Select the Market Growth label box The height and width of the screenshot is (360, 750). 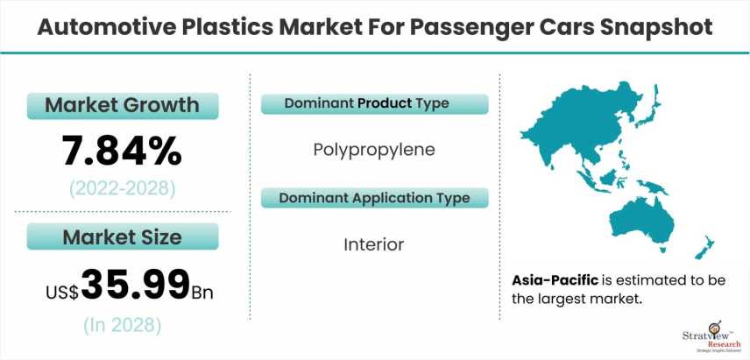(x=123, y=106)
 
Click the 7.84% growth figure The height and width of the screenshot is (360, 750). (x=122, y=150)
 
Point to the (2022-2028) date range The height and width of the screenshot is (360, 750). (x=123, y=189)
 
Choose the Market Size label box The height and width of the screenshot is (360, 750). (x=123, y=236)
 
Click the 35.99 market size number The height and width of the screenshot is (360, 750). (x=135, y=285)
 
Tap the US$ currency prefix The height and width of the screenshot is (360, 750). (x=62, y=292)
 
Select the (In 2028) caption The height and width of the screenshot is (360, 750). (x=123, y=326)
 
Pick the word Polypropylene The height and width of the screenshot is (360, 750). (x=374, y=150)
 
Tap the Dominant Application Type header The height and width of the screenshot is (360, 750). (x=374, y=198)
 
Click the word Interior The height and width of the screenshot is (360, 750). (x=374, y=244)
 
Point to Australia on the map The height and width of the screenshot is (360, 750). (x=642, y=222)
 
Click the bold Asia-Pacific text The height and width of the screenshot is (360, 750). (x=555, y=280)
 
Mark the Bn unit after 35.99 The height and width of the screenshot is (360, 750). (x=202, y=292)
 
